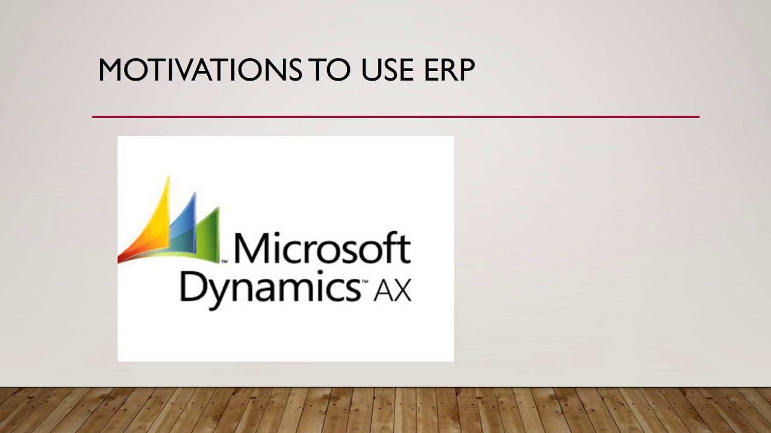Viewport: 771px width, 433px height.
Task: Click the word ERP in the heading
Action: coord(448,70)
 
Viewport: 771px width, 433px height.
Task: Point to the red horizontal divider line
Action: coord(395,117)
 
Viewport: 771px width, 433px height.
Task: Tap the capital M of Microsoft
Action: coord(249,248)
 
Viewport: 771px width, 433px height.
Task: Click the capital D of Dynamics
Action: coord(193,286)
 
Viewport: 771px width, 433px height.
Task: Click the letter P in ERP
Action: coord(465,70)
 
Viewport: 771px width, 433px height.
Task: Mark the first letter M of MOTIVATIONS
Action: coord(111,70)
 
